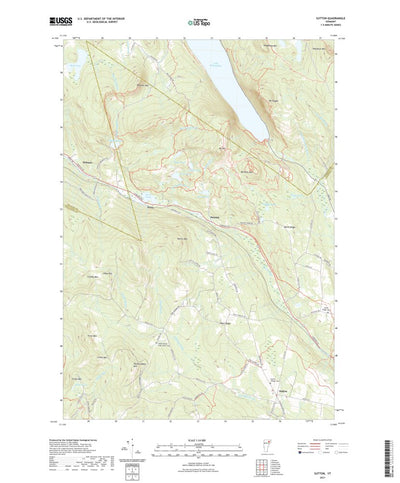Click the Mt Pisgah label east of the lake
pyautogui.click(x=268, y=100)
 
